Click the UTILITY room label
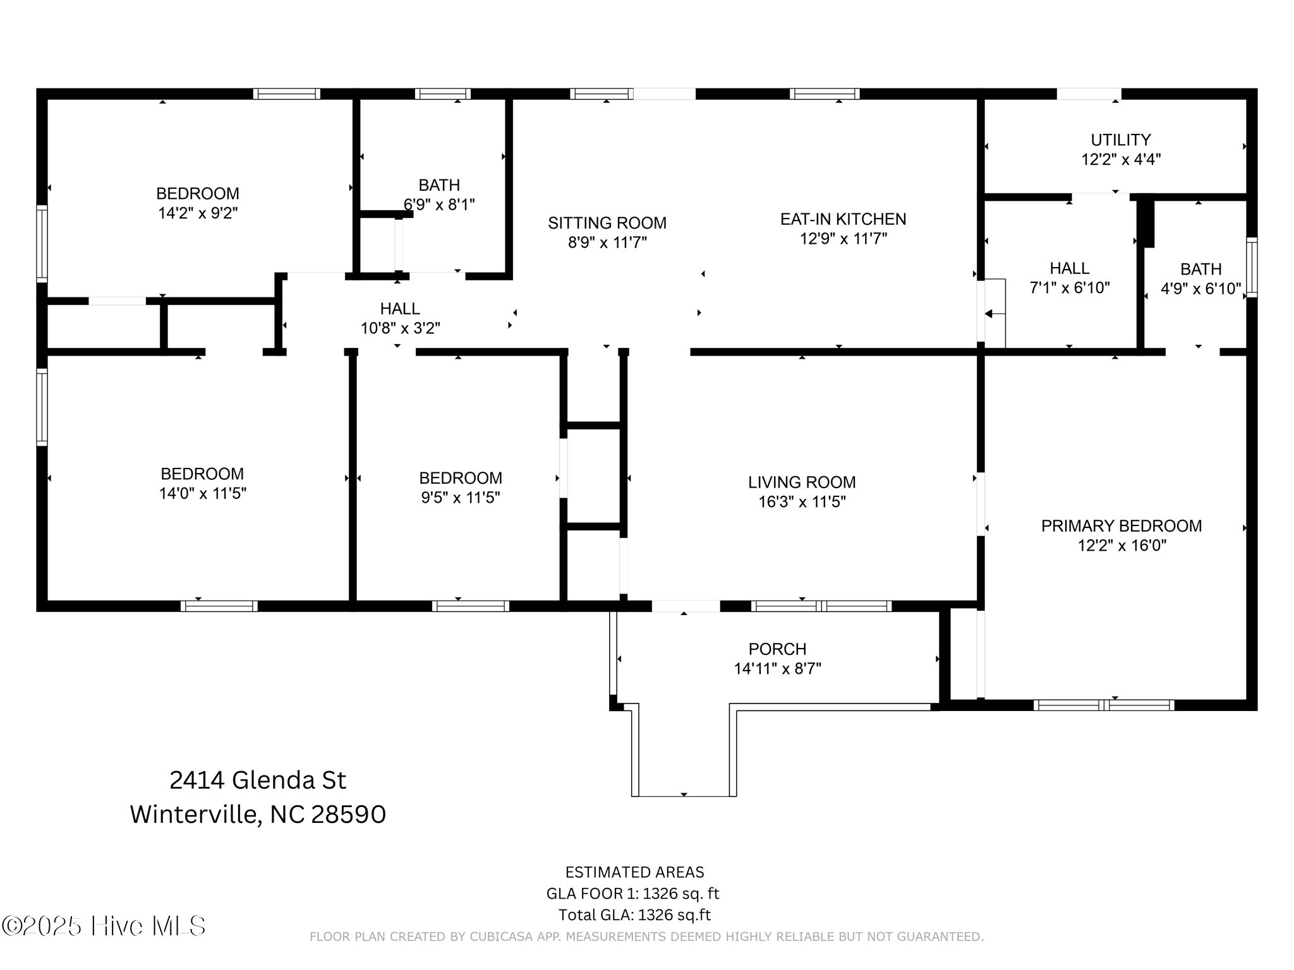click(1120, 140)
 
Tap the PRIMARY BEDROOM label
click(1121, 525)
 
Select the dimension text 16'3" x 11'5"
click(802, 502)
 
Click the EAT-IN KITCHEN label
click(843, 219)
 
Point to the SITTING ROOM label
click(607, 223)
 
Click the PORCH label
click(777, 649)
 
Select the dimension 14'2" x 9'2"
click(198, 213)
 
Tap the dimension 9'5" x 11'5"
click(461, 498)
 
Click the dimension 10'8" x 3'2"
click(400, 328)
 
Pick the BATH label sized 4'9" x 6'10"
click(1200, 269)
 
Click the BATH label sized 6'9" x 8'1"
click(439, 185)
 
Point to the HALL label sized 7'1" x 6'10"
click(1069, 268)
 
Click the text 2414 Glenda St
click(258, 781)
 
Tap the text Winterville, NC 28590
click(258, 815)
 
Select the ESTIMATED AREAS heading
click(634, 872)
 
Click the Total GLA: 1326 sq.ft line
click(634, 915)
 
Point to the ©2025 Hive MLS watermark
click(104, 926)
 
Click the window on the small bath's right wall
click(1251, 267)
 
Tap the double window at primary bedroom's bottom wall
click(1104, 705)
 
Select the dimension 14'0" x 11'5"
click(202, 493)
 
